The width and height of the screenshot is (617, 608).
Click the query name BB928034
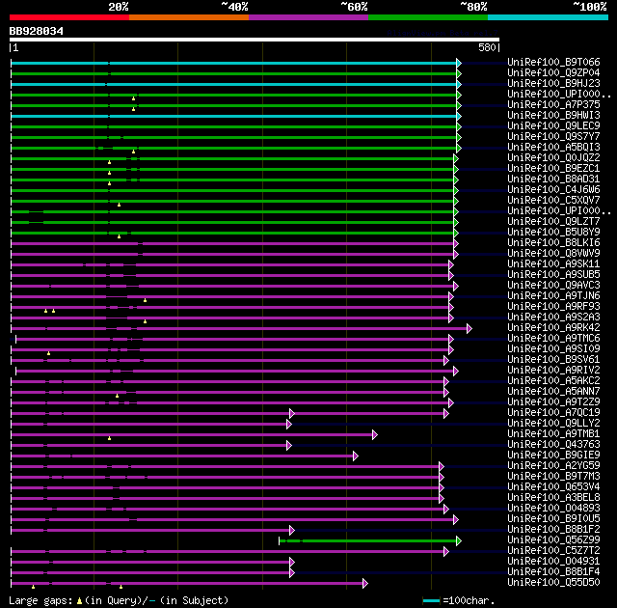37,31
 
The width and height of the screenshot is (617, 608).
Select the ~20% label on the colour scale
118,7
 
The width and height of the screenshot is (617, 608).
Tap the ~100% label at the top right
590,7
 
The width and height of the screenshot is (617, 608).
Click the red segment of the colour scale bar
68,17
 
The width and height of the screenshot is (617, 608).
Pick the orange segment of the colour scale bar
188,17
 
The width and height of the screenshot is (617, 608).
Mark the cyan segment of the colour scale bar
547,17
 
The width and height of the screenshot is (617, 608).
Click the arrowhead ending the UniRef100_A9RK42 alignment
469,328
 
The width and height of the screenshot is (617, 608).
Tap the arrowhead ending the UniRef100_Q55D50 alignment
365,583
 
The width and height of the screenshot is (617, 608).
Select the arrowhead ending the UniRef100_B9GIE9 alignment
356,456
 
